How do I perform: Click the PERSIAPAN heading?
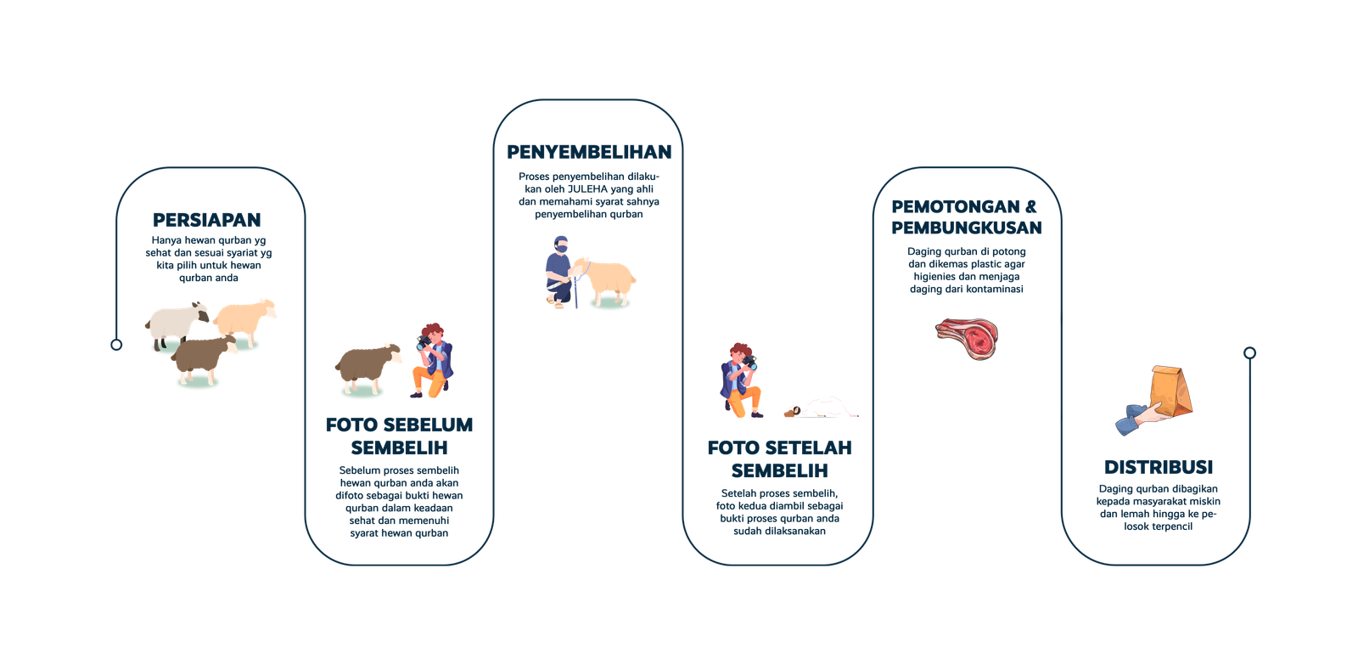click(x=207, y=220)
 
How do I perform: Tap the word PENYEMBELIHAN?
click(x=589, y=152)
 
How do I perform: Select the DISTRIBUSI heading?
click(x=1159, y=467)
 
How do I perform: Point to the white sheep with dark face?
click(x=177, y=325)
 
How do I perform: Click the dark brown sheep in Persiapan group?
click(x=203, y=360)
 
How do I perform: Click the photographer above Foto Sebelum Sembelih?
click(x=433, y=361)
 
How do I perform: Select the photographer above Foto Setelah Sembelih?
click(x=741, y=380)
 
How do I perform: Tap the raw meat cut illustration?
click(x=967, y=339)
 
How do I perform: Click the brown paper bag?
click(x=1170, y=391)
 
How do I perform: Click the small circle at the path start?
click(x=116, y=345)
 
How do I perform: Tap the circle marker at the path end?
click(x=1249, y=353)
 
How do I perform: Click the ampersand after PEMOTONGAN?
click(x=1030, y=207)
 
